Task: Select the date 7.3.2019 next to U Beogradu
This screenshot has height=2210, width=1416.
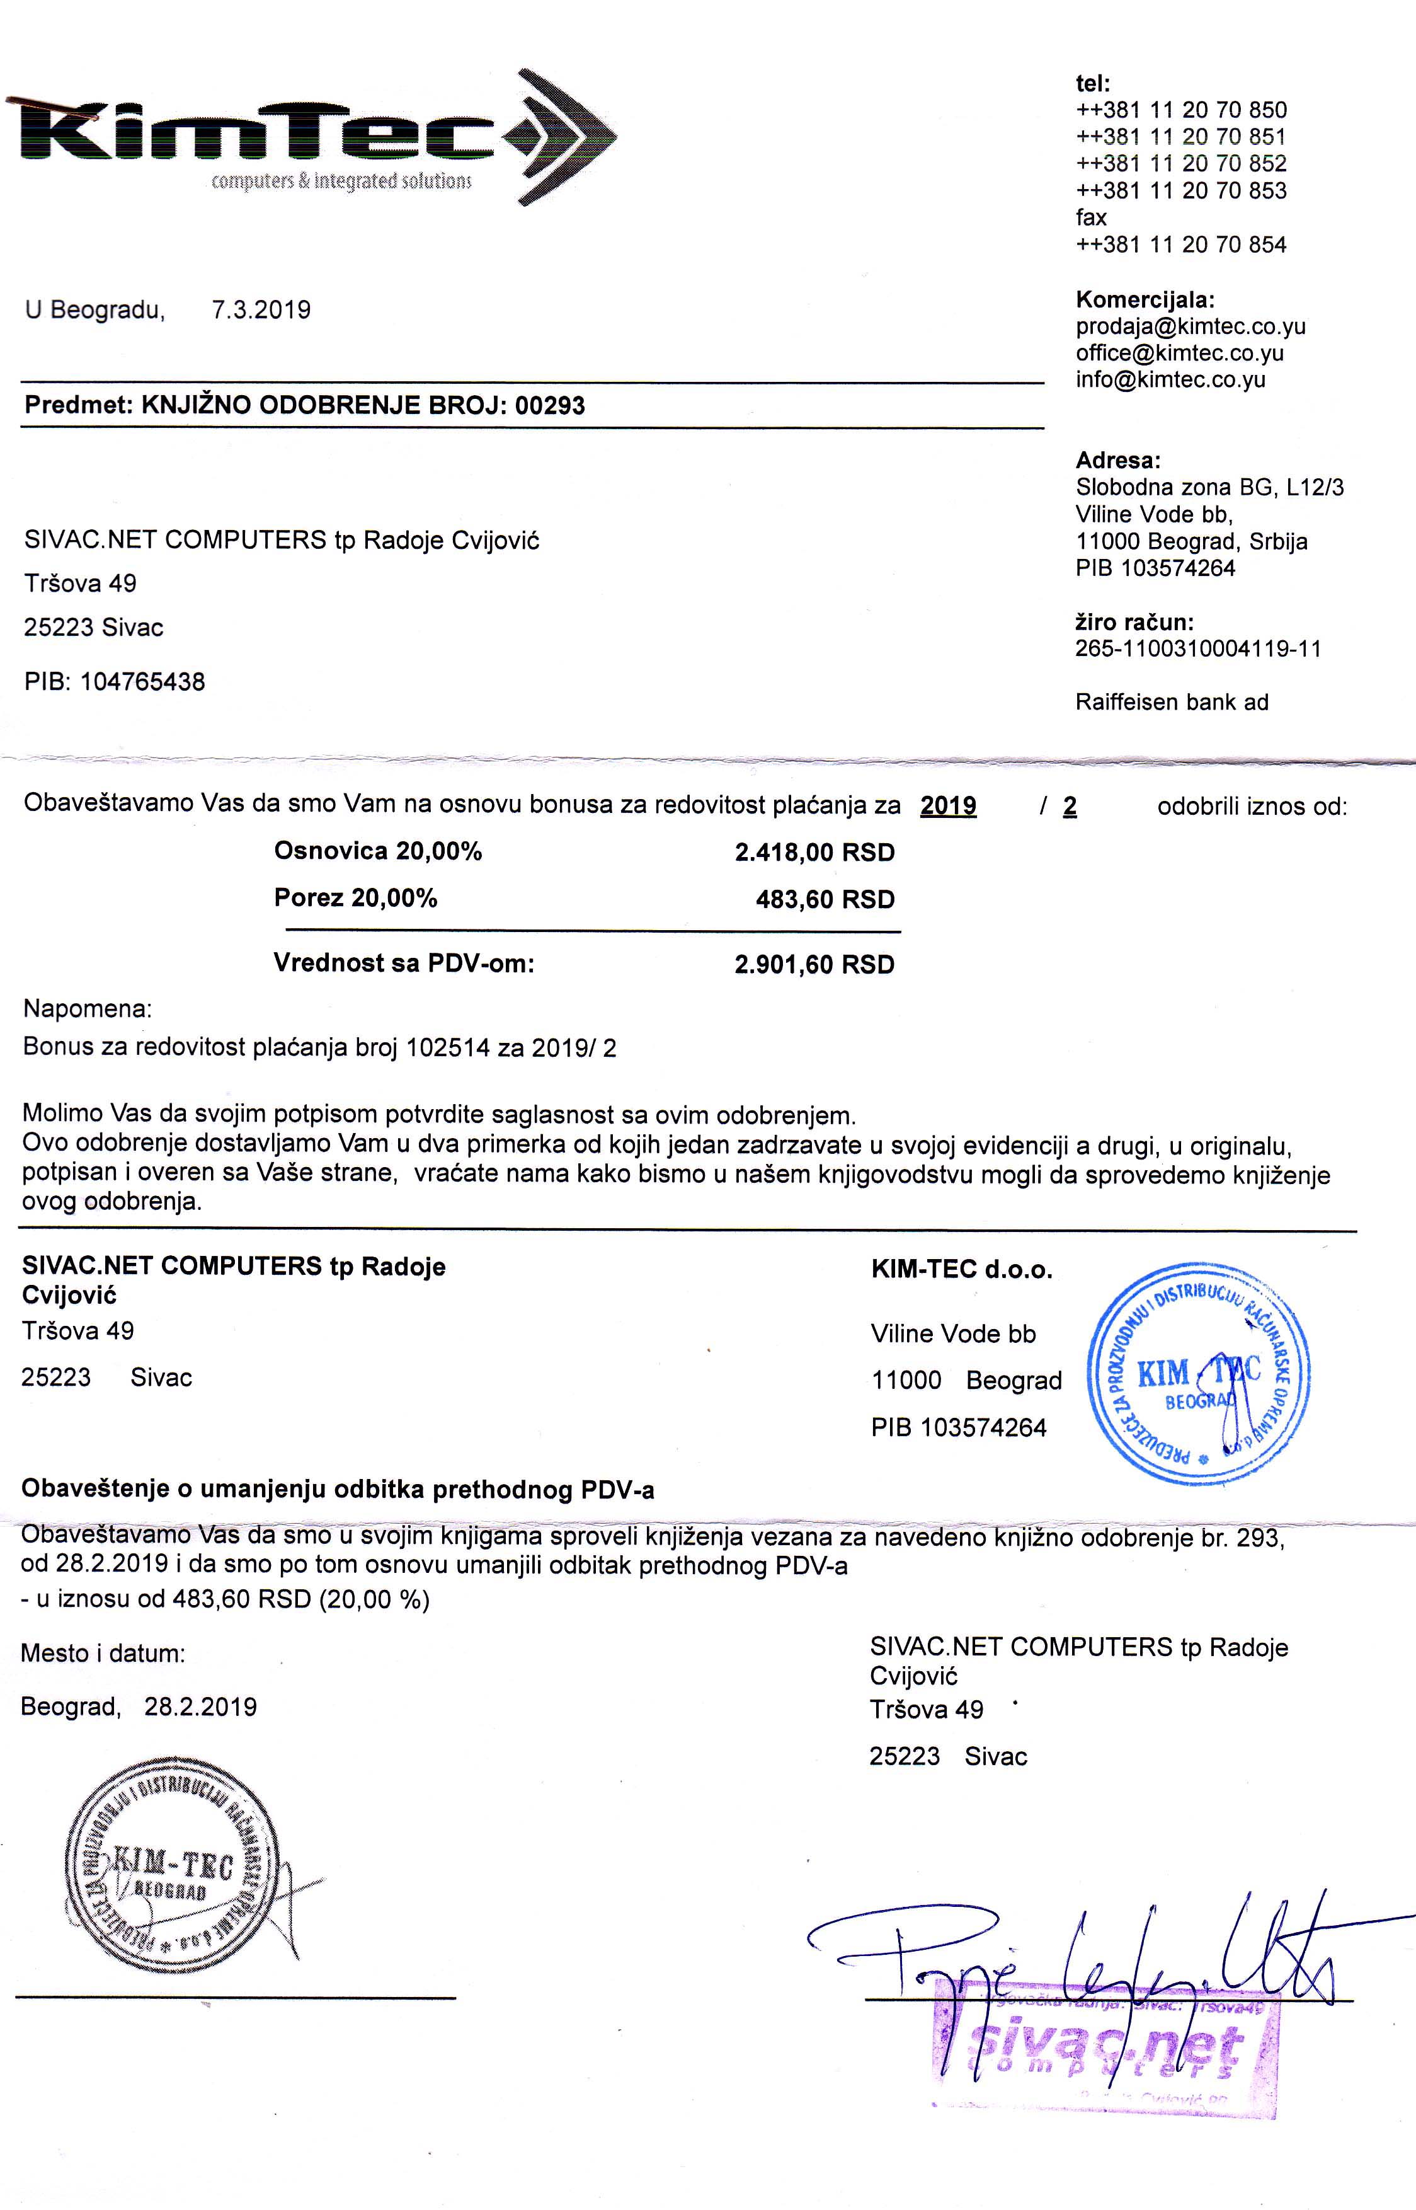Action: tap(261, 310)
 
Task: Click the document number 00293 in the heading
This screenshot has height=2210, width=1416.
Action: tap(550, 406)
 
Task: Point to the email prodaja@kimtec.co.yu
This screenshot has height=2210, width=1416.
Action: tap(1190, 326)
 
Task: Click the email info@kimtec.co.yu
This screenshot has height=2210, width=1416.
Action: tap(1170, 380)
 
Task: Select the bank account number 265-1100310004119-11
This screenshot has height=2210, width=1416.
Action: tap(1197, 648)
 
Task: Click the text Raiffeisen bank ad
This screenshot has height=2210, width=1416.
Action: tap(1172, 703)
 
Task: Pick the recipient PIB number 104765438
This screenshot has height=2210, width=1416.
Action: tap(142, 682)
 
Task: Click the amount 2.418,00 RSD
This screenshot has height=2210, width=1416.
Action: tap(814, 853)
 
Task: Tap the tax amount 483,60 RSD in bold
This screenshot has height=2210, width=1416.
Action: tap(825, 899)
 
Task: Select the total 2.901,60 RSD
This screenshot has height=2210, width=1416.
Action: tap(814, 965)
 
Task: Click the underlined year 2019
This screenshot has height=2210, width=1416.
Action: tap(948, 807)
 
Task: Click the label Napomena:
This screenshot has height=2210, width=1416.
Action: tap(88, 1009)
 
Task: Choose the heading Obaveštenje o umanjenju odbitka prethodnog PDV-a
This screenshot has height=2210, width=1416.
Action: tap(338, 1490)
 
